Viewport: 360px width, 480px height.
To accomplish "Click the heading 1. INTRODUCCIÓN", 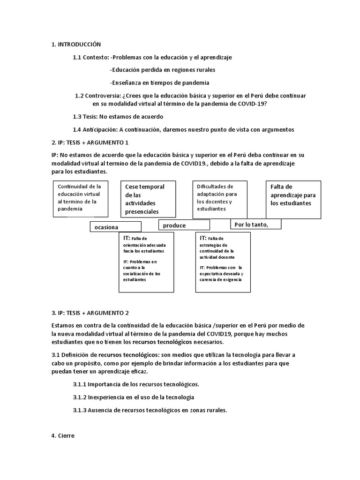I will tap(76, 45).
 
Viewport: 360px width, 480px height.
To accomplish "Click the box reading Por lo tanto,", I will tap(255, 224).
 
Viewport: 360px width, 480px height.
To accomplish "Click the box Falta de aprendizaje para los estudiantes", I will tap(293, 199).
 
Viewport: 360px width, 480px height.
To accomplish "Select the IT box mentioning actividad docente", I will tap(223, 262).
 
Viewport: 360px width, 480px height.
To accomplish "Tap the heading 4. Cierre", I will tap(63, 435).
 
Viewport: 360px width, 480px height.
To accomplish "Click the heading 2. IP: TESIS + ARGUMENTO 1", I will tap(90, 142).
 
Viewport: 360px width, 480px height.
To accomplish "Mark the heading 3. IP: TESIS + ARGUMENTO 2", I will tap(90, 313).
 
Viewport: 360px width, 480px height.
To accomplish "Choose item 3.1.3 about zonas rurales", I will tap(150, 410).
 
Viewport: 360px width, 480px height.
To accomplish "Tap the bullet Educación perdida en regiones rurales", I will tap(162, 70).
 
